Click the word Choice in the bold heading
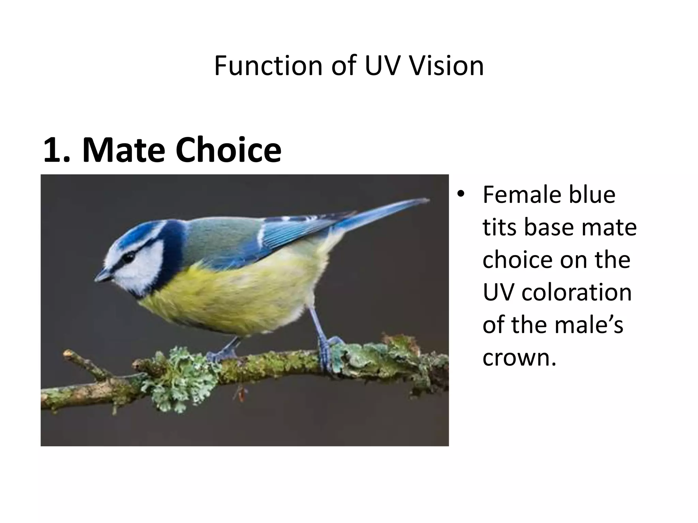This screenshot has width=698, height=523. pyautogui.click(x=228, y=149)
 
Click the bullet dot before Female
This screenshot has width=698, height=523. pyautogui.click(x=461, y=194)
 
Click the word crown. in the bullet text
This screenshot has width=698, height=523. pyautogui.click(x=520, y=358)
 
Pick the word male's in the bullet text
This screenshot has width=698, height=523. pyautogui.click(x=589, y=325)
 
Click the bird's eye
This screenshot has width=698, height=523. pyautogui.click(x=128, y=257)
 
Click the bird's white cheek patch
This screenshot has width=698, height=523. pyautogui.click(x=143, y=269)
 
